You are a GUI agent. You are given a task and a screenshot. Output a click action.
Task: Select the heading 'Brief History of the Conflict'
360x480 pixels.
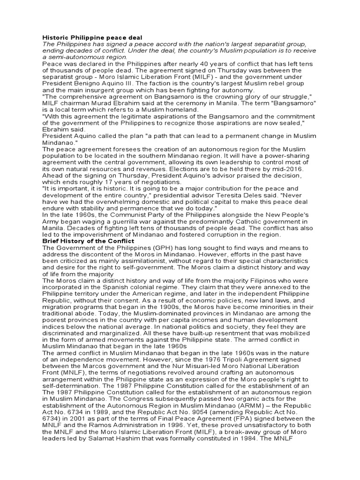click(88, 241)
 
